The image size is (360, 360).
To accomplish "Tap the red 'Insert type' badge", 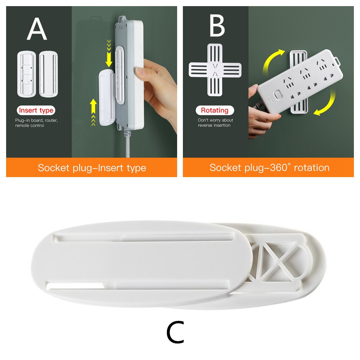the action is pyautogui.click(x=36, y=111).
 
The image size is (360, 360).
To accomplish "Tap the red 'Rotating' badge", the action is pyautogui.click(x=215, y=111).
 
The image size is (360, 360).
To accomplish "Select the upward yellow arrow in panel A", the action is pyautogui.click(x=94, y=108).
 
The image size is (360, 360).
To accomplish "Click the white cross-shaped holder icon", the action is pyautogui.click(x=215, y=70).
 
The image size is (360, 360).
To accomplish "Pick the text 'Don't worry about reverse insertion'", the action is pyautogui.click(x=215, y=123).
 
